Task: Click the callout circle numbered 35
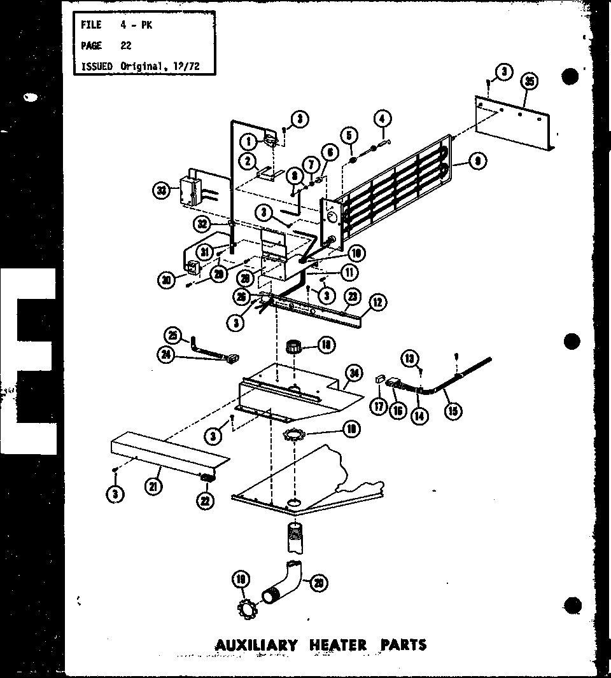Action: point(528,81)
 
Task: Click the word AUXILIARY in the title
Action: point(256,645)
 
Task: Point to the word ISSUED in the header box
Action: point(97,66)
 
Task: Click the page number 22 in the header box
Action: point(126,46)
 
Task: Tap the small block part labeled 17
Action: point(380,378)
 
